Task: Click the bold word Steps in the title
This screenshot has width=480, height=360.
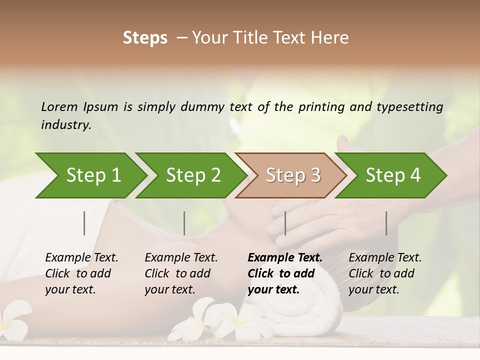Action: (145, 38)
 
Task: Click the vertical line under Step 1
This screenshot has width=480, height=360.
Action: (84, 223)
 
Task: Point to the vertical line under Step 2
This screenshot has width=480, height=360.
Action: (184, 223)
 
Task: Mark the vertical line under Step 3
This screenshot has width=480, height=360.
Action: (285, 223)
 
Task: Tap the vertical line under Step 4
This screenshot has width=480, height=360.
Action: (386, 223)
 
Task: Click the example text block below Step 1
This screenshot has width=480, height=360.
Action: (81, 273)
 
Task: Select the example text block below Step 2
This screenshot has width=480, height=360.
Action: (180, 273)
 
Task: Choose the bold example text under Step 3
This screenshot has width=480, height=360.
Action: (284, 273)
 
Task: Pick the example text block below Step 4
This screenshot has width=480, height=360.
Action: (384, 273)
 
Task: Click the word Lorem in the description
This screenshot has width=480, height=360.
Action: (59, 106)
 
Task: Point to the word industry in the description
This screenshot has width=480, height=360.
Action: (66, 124)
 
